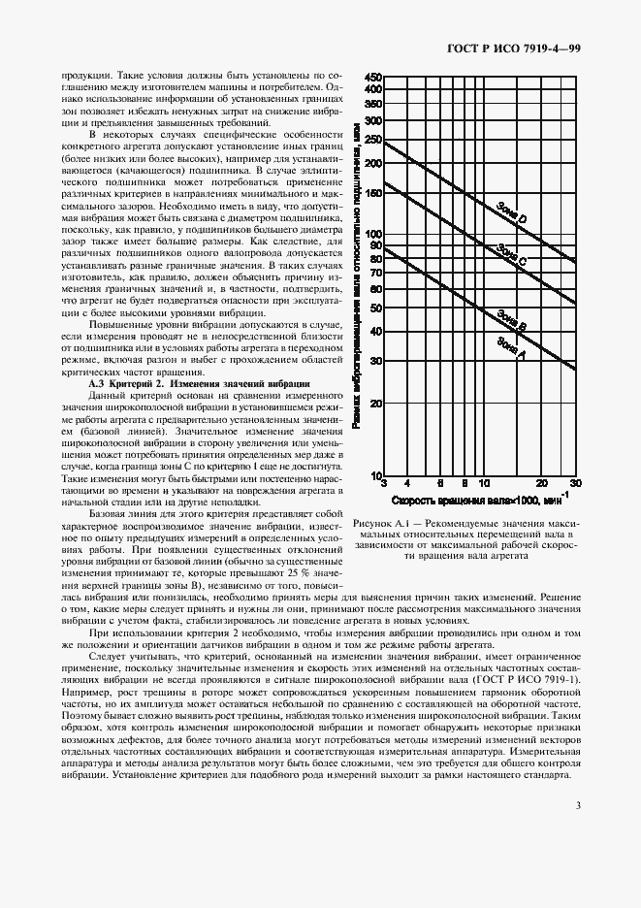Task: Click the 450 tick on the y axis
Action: click(x=373, y=77)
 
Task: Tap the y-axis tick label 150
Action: click(x=373, y=192)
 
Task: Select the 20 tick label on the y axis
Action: click(x=376, y=403)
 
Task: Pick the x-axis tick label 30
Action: click(x=575, y=482)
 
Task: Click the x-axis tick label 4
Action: click(x=407, y=482)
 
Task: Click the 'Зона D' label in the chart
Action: click(x=511, y=214)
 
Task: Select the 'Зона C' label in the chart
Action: click(x=511, y=256)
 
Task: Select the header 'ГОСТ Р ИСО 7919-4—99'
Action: click(x=527, y=49)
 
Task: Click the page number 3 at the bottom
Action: click(x=578, y=804)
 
